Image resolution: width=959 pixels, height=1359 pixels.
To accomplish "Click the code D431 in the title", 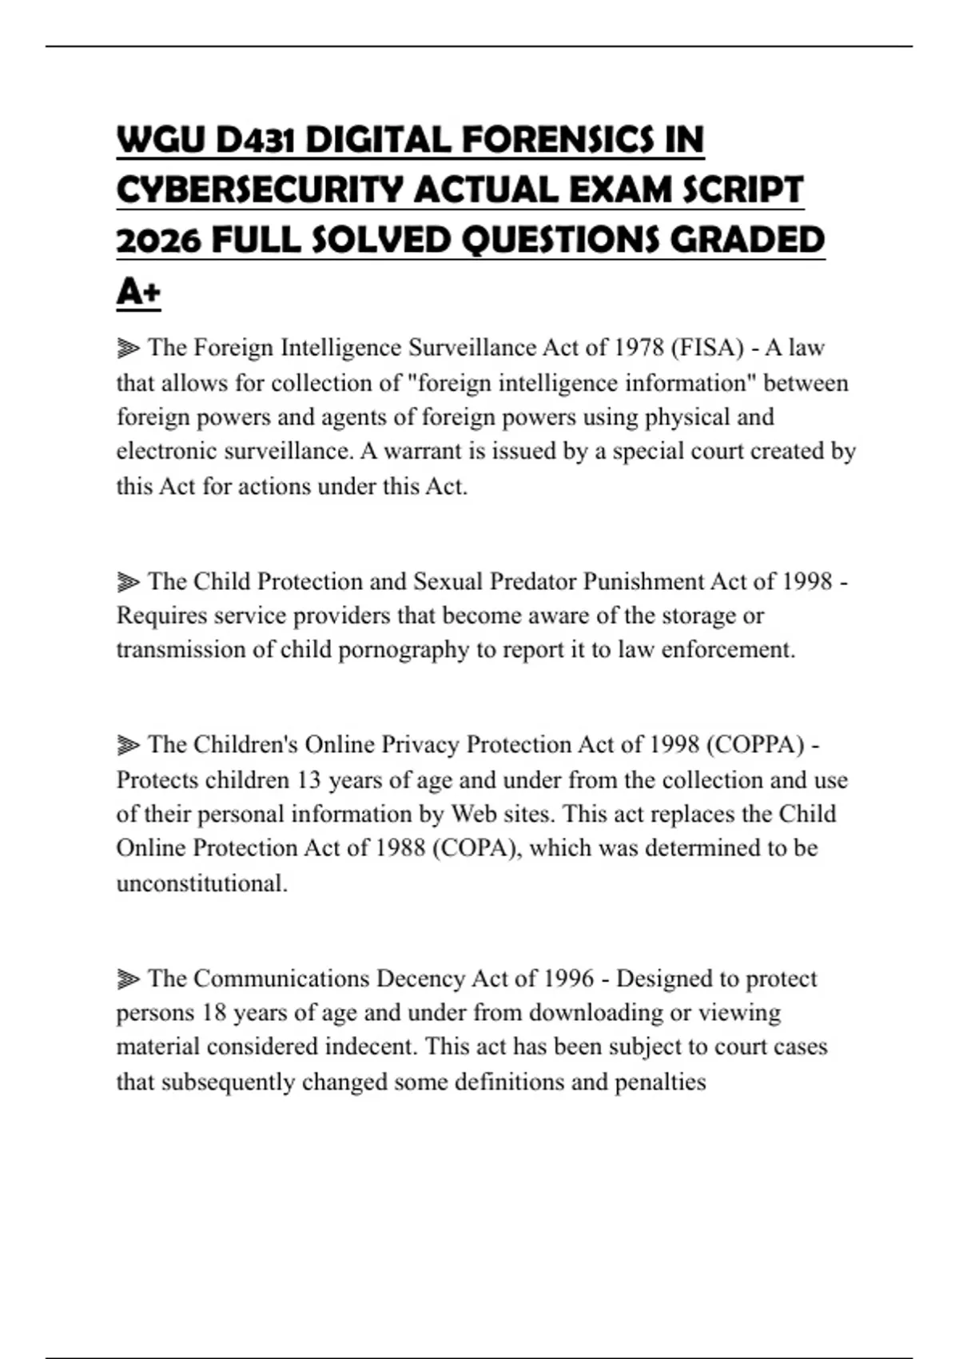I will click(x=256, y=141).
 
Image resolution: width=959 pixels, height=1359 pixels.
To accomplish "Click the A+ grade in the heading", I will click(x=138, y=291).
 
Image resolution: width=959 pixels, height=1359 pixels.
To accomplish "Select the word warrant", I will click(x=423, y=452).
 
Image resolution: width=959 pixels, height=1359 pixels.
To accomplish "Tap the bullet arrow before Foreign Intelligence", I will click(x=128, y=349).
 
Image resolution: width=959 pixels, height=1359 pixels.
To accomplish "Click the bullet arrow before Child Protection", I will click(x=128, y=582).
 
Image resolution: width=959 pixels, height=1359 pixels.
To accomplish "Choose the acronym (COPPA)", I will click(x=755, y=745).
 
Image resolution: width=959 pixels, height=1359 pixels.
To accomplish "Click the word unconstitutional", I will click(x=201, y=883).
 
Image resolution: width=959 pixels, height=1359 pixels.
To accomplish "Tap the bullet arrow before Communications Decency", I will click(x=128, y=979).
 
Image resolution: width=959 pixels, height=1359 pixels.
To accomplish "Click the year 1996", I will click(x=568, y=978).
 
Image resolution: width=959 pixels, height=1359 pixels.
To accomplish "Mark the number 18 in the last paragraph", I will click(x=214, y=1013).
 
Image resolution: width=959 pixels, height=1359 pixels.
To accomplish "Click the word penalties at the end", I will click(x=660, y=1082).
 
